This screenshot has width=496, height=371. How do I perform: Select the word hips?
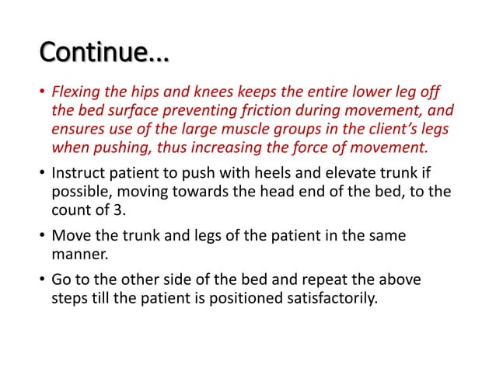(156, 95)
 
